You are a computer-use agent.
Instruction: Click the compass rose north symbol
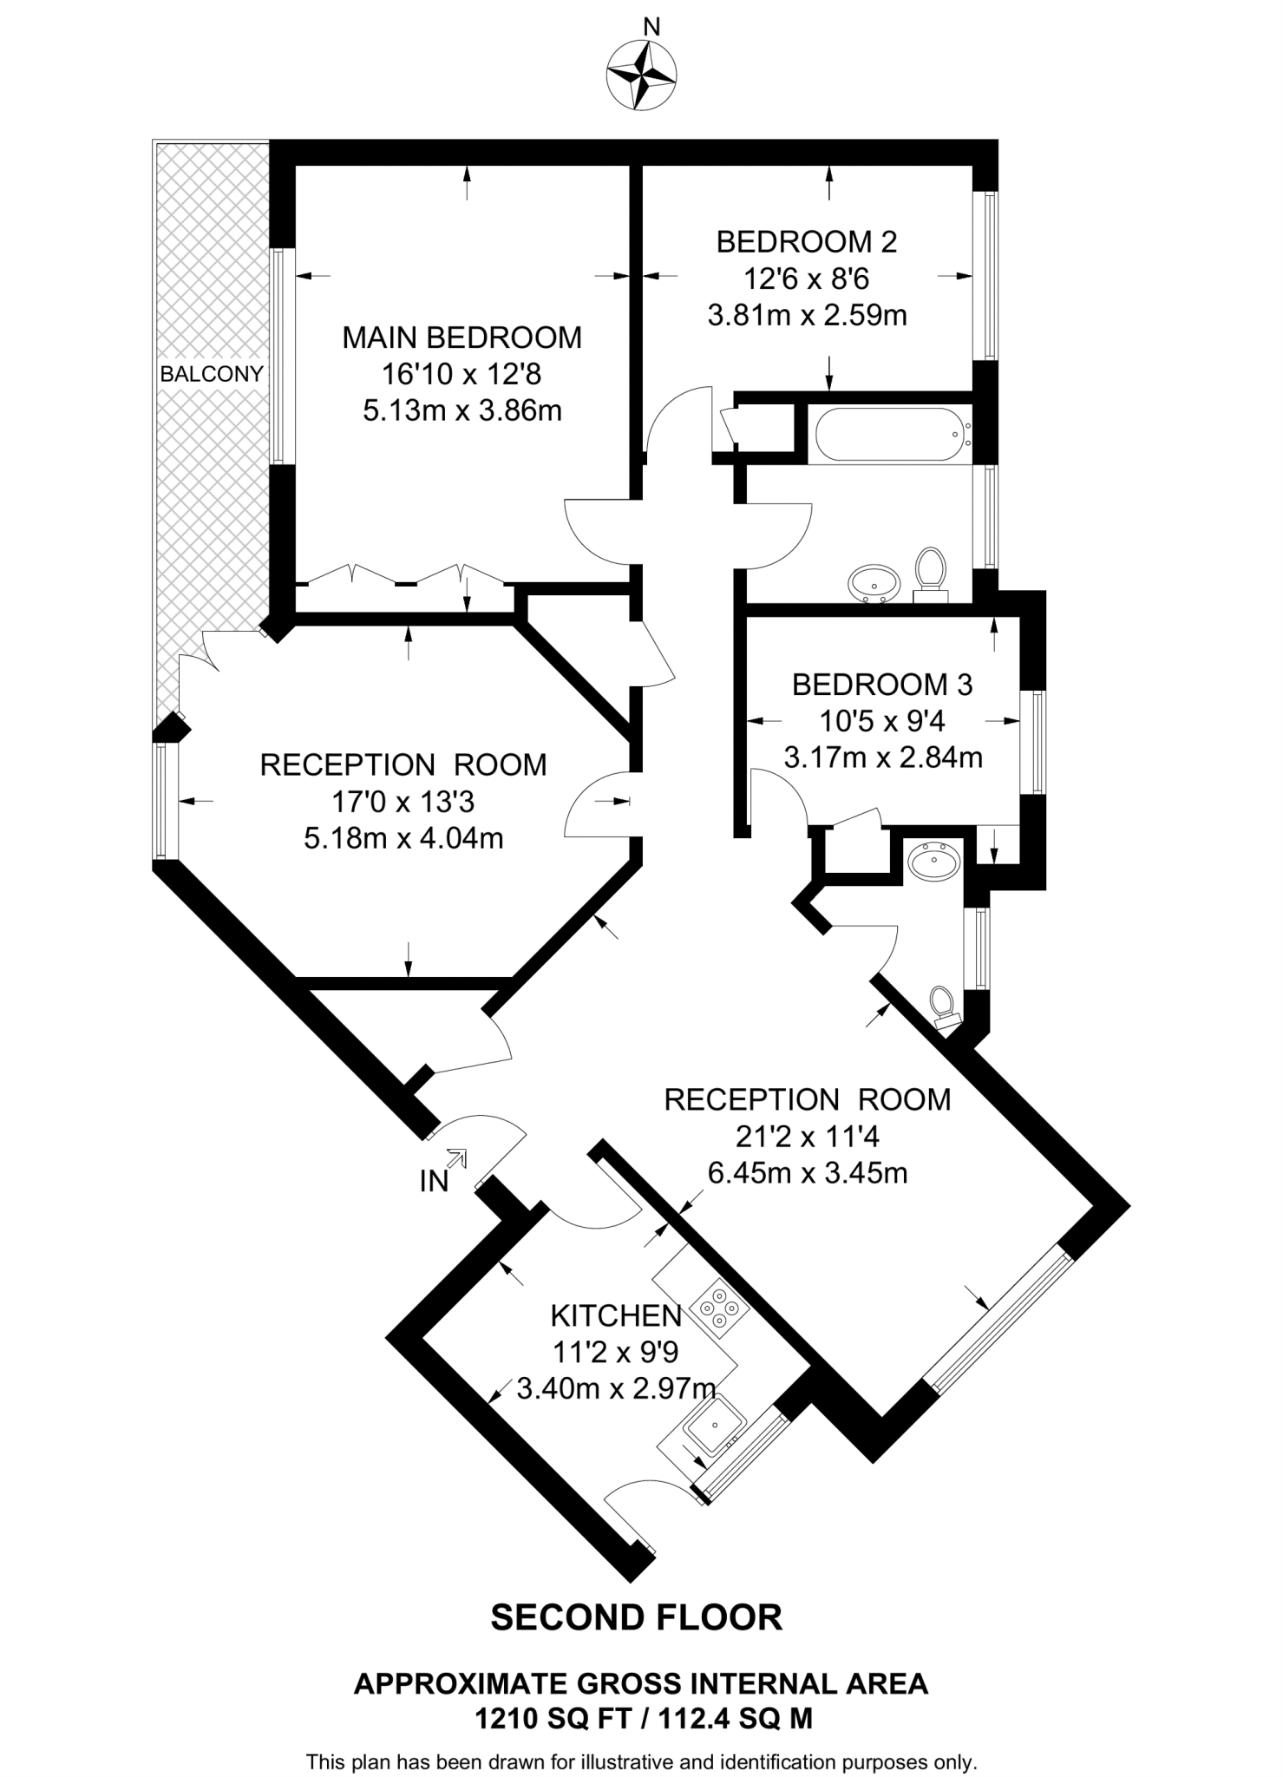pyautogui.click(x=641, y=75)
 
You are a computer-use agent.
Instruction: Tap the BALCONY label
pyautogui.click(x=212, y=374)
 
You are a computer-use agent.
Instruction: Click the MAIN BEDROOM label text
pyautogui.click(x=461, y=338)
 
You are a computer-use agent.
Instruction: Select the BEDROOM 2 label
pyautogui.click(x=806, y=241)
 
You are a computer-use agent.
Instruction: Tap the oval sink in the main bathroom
pyautogui.click(x=874, y=583)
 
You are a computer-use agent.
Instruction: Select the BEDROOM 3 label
pyautogui.click(x=882, y=685)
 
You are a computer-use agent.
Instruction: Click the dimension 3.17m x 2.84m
pyautogui.click(x=882, y=757)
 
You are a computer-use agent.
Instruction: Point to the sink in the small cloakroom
pyautogui.click(x=934, y=861)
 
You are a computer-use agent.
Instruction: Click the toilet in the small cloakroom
pyautogui.click(x=943, y=1007)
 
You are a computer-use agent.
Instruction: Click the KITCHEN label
pyautogui.click(x=616, y=1316)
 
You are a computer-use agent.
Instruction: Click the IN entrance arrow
pyautogui.click(x=456, y=1159)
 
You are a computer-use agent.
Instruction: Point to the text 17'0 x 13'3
pyautogui.click(x=403, y=802)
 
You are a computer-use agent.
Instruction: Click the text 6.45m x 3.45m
pyautogui.click(x=807, y=1173)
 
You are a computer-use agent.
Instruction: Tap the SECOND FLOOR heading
pyautogui.click(x=636, y=1617)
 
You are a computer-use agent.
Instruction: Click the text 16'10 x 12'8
pyautogui.click(x=461, y=374)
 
